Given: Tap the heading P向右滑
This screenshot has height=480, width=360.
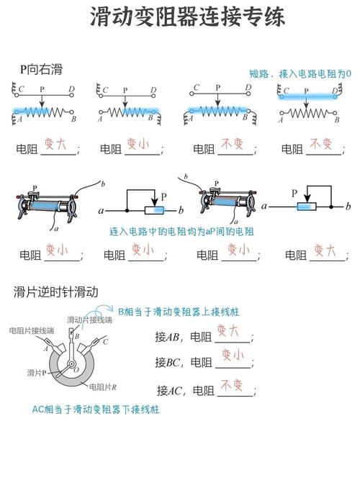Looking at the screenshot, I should tap(41, 69).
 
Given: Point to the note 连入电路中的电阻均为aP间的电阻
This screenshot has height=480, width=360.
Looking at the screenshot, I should tap(181, 232).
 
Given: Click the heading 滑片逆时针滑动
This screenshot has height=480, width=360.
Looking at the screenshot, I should tap(56, 291).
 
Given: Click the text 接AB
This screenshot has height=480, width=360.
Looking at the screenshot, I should tap(171, 337).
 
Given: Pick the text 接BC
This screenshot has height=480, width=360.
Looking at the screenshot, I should tap(171, 362).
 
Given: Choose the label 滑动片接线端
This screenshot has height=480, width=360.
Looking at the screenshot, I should tap(89, 320).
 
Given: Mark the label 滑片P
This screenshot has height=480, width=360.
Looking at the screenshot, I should tap(37, 372).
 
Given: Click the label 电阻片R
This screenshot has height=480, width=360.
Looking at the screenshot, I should tap(103, 386).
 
